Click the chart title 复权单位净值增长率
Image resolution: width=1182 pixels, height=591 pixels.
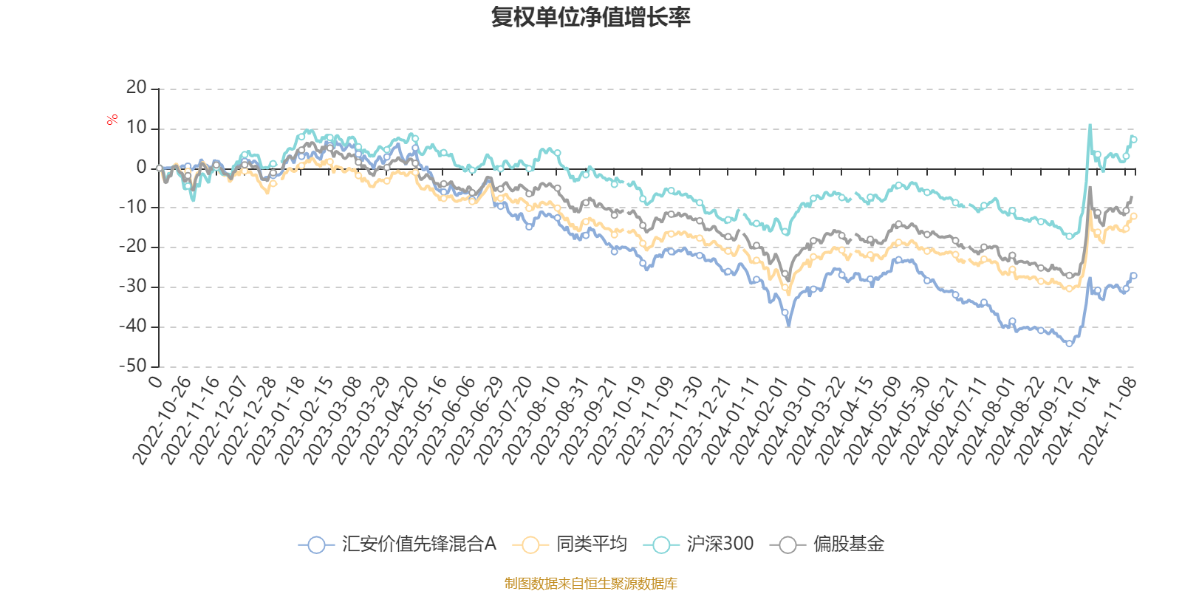(x=590, y=18)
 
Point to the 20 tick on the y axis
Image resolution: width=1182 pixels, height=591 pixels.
(x=137, y=88)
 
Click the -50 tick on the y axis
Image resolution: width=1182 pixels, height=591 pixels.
(x=133, y=366)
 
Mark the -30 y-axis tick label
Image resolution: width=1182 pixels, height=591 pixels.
(x=133, y=287)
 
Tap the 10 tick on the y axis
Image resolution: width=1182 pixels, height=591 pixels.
(x=137, y=128)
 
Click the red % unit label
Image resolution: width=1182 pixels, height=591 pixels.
(x=112, y=120)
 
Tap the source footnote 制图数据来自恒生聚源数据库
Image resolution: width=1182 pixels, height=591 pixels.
(x=590, y=584)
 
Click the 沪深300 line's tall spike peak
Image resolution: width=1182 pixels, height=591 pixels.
(x=1090, y=125)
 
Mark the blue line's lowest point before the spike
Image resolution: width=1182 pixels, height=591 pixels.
(x=1069, y=344)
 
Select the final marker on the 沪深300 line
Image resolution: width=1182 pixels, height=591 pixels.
(x=1133, y=139)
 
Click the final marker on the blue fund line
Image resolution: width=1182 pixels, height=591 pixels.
(x=1133, y=276)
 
